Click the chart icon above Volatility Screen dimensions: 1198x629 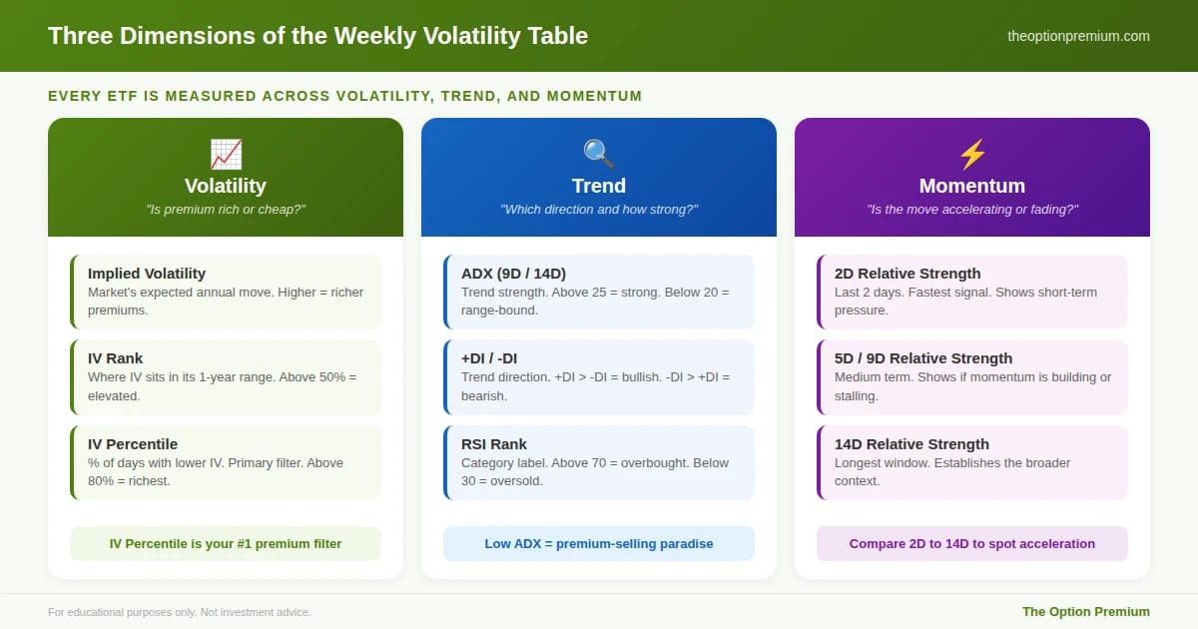click(x=226, y=154)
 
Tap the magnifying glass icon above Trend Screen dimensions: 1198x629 click(x=598, y=154)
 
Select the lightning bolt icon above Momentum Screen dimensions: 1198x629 click(x=972, y=154)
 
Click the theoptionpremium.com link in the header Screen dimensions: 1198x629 click(x=1078, y=36)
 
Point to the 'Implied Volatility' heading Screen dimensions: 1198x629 click(x=147, y=274)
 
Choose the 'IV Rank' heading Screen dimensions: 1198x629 click(x=115, y=357)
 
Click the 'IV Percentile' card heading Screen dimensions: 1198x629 click(x=133, y=444)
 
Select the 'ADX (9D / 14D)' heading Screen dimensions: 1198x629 click(x=513, y=274)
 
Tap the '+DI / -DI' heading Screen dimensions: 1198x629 click(x=489, y=358)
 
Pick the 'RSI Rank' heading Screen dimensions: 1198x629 click(x=493, y=444)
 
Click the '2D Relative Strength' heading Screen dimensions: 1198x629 click(x=907, y=274)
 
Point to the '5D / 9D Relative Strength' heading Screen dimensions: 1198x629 click(x=923, y=357)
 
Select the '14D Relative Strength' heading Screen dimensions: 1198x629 click(x=911, y=444)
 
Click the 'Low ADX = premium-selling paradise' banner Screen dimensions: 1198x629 click(x=598, y=543)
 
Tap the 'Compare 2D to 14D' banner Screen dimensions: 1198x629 click(x=972, y=543)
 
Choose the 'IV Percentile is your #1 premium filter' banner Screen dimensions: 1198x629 click(x=226, y=543)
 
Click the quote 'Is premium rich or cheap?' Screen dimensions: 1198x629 click(x=226, y=209)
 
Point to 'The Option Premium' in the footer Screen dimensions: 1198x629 click(x=1086, y=611)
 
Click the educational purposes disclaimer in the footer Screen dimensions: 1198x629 click(x=179, y=612)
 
